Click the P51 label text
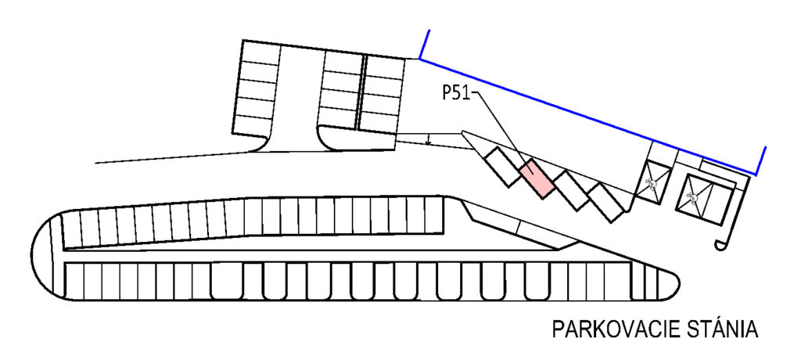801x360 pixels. (x=457, y=94)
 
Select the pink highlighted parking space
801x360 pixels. (x=537, y=178)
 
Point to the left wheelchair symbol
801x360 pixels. (x=652, y=182)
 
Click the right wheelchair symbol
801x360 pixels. (x=693, y=196)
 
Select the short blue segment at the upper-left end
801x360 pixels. (x=425, y=44)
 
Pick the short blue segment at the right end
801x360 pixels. (x=760, y=161)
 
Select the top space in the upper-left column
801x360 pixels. (x=261, y=52)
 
